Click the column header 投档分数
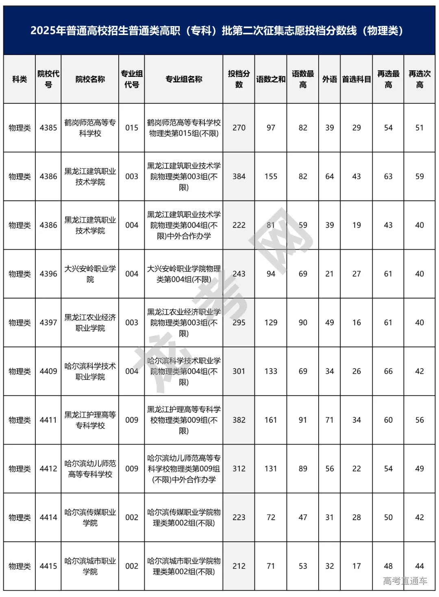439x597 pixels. click(239, 79)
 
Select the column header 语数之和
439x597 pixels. click(271, 79)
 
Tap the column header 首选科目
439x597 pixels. click(356, 79)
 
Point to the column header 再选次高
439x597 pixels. click(419, 79)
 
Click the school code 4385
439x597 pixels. click(48, 128)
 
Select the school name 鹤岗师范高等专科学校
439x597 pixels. click(90, 128)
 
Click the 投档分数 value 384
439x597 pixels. click(239, 176)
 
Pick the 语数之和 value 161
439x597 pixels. click(271, 420)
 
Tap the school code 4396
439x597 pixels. click(48, 274)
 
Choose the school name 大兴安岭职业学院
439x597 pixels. click(90, 274)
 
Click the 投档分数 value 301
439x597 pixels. click(239, 371)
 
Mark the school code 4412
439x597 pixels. click(48, 468)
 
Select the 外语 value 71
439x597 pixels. click(330, 420)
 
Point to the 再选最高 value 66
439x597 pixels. click(388, 371)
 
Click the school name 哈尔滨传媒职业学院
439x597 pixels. click(90, 517)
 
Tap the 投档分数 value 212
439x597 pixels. click(239, 566)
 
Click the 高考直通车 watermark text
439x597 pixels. click(405, 581)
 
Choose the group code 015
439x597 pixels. click(132, 128)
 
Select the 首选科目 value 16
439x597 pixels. click(356, 322)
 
